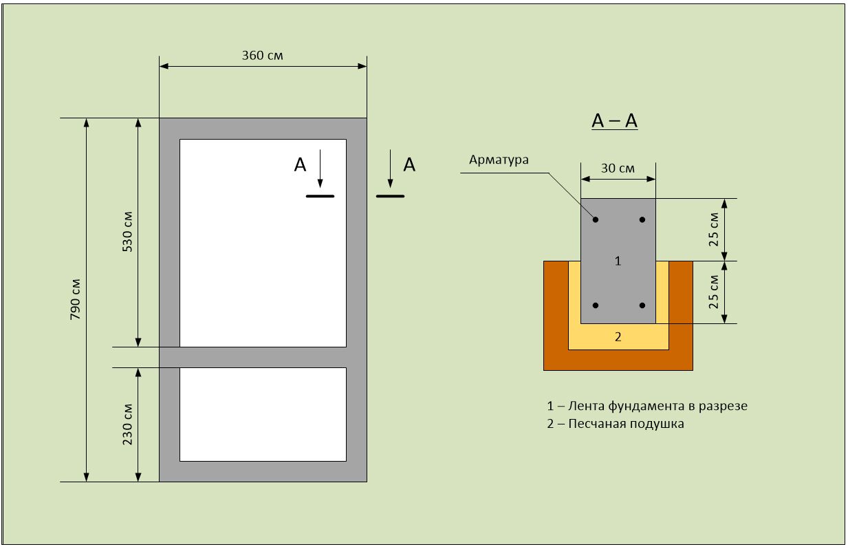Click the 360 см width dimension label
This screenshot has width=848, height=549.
[x=262, y=55]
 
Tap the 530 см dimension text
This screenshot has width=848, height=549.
[x=127, y=232]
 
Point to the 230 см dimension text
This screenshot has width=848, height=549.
[x=127, y=424]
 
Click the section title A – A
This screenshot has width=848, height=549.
[x=615, y=121]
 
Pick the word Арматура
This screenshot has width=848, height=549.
[x=499, y=160]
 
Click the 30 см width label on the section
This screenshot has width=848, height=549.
[x=618, y=167]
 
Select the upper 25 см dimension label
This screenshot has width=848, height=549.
[x=714, y=230]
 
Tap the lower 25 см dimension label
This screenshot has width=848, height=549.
[x=714, y=292]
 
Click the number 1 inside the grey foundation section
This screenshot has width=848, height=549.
[x=618, y=261]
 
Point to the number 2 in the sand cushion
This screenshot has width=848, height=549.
[x=618, y=336]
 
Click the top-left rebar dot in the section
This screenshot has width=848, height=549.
[x=596, y=219]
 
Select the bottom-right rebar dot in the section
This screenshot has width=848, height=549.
[x=642, y=305]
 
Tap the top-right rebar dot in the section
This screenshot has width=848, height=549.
[x=642, y=219]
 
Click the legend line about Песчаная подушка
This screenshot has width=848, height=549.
[x=616, y=424]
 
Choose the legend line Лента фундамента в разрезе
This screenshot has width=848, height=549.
[x=646, y=406]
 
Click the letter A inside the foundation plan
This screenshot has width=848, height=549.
[x=301, y=164]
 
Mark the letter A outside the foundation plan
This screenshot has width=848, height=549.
[x=409, y=164]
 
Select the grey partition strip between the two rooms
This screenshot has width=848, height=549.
[x=263, y=357]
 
